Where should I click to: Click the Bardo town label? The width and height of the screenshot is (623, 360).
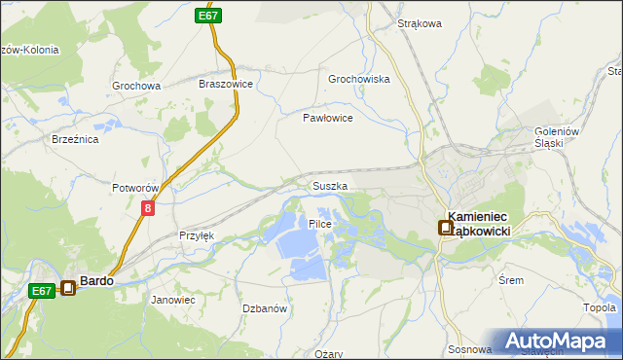(96, 280)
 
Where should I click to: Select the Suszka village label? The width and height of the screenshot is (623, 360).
(330, 185)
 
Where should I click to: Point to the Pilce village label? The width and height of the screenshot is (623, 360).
(320, 224)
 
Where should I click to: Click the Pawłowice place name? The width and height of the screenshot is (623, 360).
(327, 117)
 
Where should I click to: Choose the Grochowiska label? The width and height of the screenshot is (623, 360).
(359, 79)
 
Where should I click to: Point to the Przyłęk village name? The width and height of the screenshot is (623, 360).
(197, 235)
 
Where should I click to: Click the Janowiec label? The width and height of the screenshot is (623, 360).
(173, 300)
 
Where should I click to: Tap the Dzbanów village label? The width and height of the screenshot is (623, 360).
(264, 308)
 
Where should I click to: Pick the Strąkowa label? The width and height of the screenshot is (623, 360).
(421, 23)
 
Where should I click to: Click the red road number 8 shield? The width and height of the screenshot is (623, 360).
(147, 208)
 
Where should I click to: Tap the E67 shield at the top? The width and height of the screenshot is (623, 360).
(207, 16)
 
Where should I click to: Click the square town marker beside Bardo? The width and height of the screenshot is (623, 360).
(68, 287)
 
